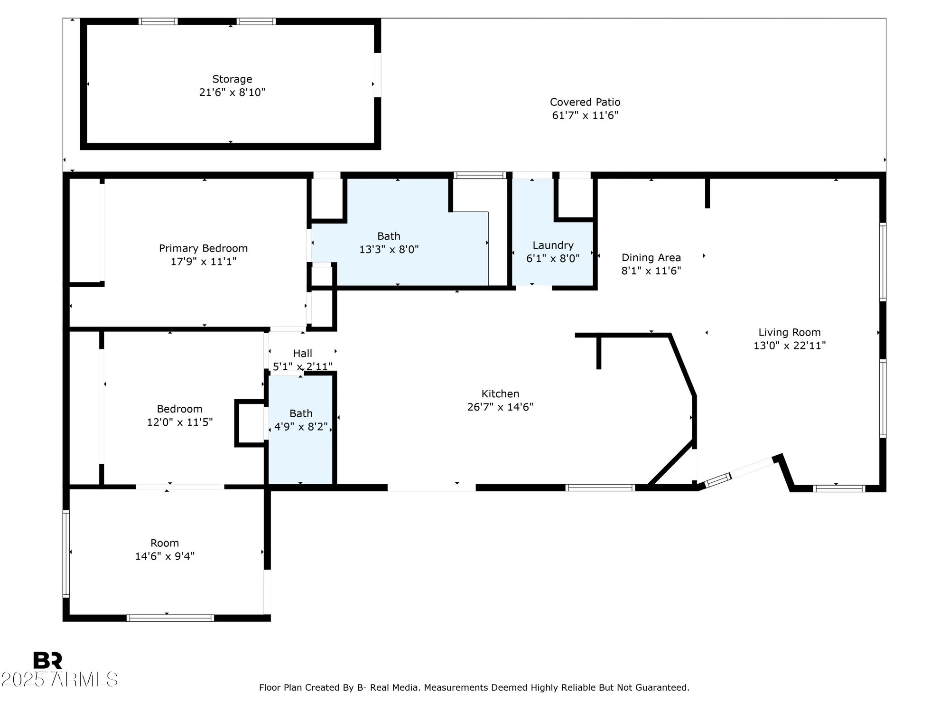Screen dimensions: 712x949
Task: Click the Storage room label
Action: pyautogui.click(x=232, y=79)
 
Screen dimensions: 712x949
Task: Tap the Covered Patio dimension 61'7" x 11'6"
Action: pyautogui.click(x=585, y=115)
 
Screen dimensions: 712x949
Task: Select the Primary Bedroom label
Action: pyautogui.click(x=203, y=248)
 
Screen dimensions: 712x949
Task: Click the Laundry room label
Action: pyautogui.click(x=553, y=245)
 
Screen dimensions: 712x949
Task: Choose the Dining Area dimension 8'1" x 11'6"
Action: pyautogui.click(x=651, y=271)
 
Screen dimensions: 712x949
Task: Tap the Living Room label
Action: pyautogui.click(x=789, y=333)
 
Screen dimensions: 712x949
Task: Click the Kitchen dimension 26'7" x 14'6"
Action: pyautogui.click(x=500, y=407)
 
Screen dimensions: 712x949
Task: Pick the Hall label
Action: pyautogui.click(x=302, y=353)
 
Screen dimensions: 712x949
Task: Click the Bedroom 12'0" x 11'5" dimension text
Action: pyautogui.click(x=179, y=422)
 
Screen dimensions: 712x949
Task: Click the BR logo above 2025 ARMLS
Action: pyautogui.click(x=47, y=660)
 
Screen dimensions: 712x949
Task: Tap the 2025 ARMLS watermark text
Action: pyautogui.click(x=59, y=679)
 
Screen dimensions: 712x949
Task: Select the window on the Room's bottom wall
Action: pyautogui.click(x=170, y=618)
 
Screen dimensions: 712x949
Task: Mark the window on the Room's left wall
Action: pyautogui.click(x=66, y=553)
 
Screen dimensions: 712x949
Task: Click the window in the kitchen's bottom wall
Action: pyautogui.click(x=600, y=487)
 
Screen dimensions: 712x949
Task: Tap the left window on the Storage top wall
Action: pyautogui.click(x=158, y=21)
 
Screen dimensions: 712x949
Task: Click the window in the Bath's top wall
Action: pyautogui.click(x=479, y=175)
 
